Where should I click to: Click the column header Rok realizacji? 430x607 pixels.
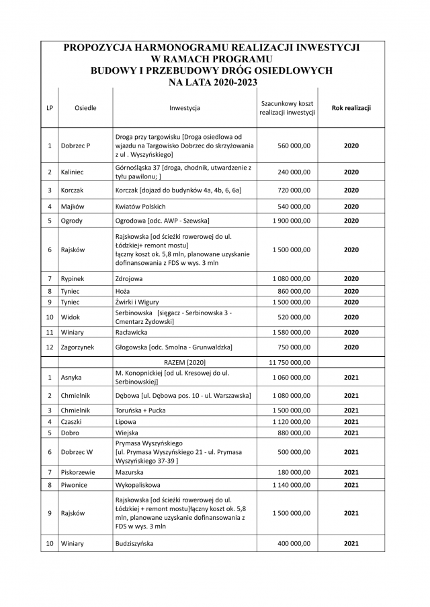351,107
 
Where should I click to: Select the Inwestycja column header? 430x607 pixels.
185,107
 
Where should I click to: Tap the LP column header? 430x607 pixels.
50,107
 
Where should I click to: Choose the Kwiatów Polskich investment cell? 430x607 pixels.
140,207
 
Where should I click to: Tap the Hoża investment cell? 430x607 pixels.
122,291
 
